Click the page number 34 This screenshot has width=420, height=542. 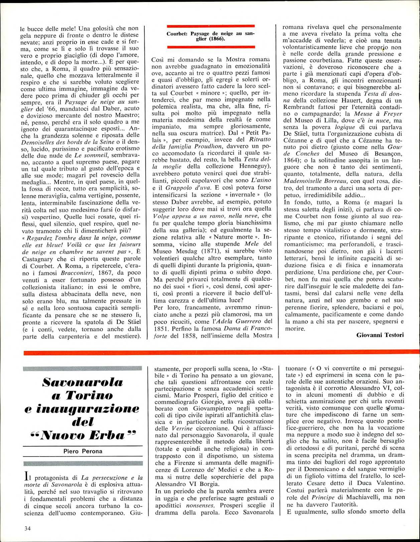pos(27,528)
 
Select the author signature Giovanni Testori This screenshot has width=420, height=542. pos(380,335)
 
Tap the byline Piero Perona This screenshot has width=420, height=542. pos(83,451)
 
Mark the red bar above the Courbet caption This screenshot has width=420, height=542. pos(211,26)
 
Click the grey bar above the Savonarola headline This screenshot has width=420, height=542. pos(83,369)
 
